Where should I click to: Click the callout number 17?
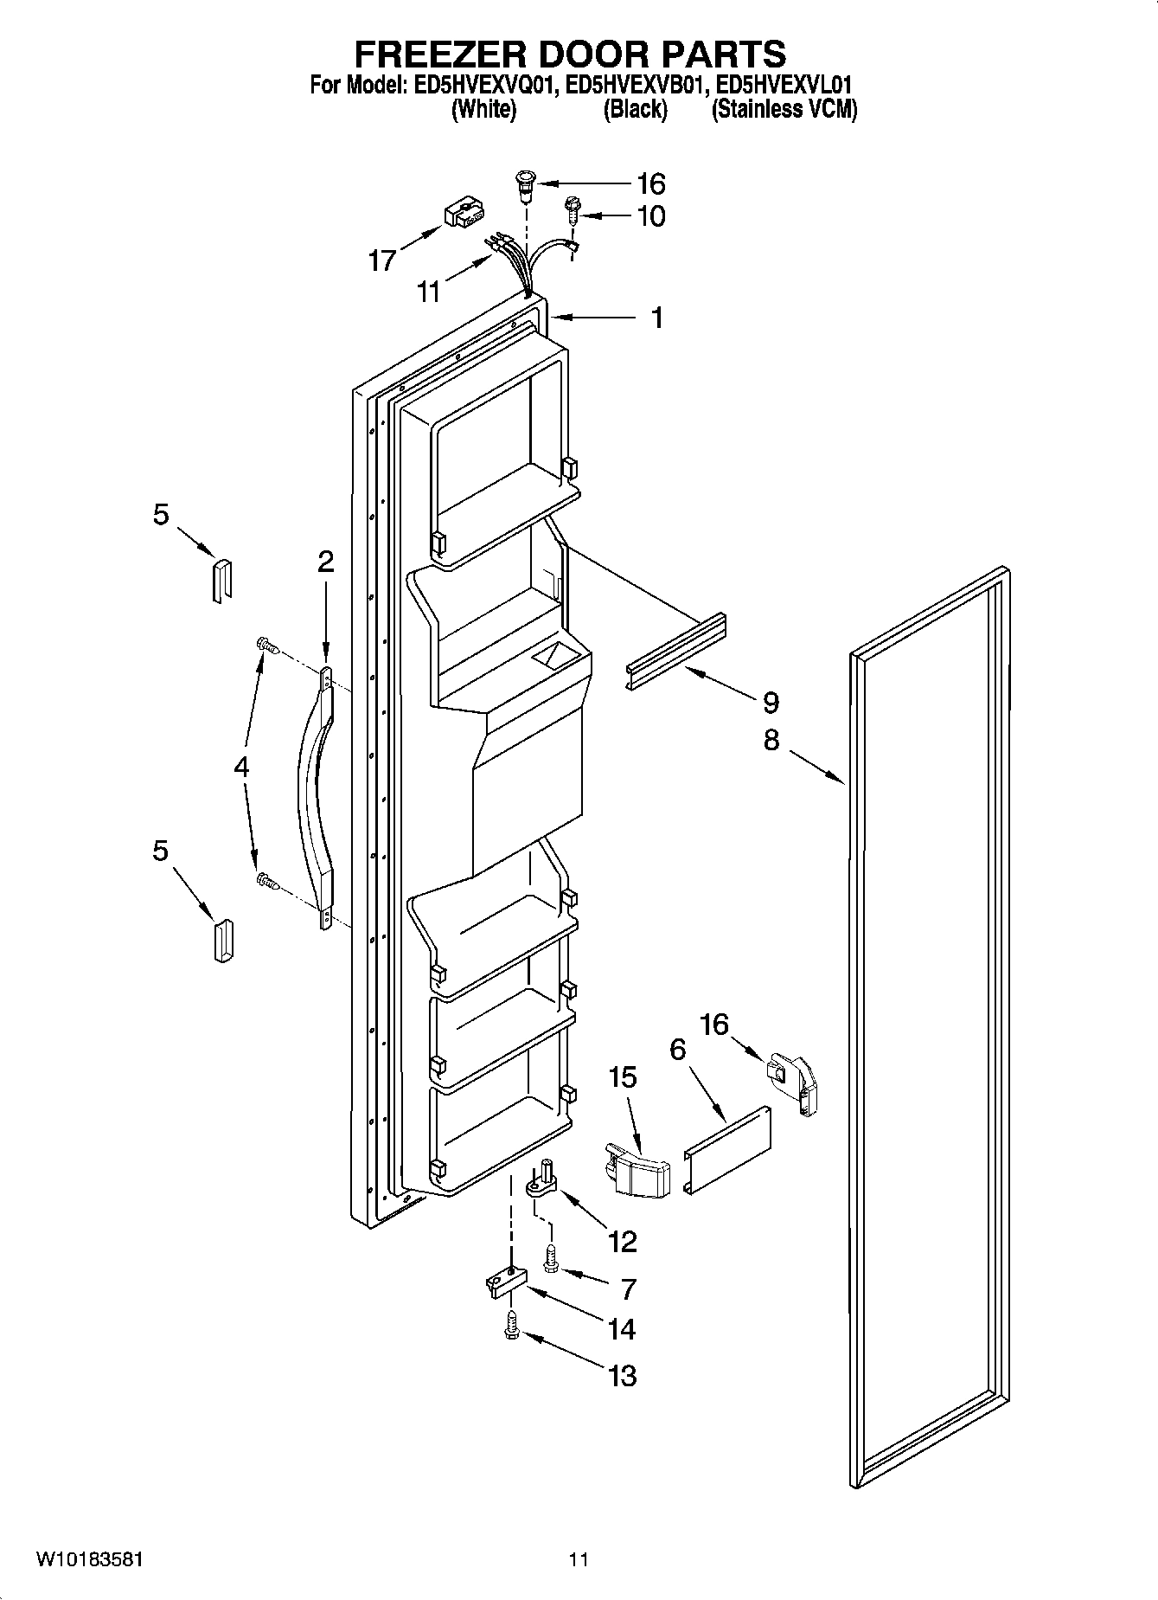coord(382,260)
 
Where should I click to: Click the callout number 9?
coord(771,702)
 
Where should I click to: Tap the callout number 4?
coord(241,767)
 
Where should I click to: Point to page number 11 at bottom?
coord(578,1559)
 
